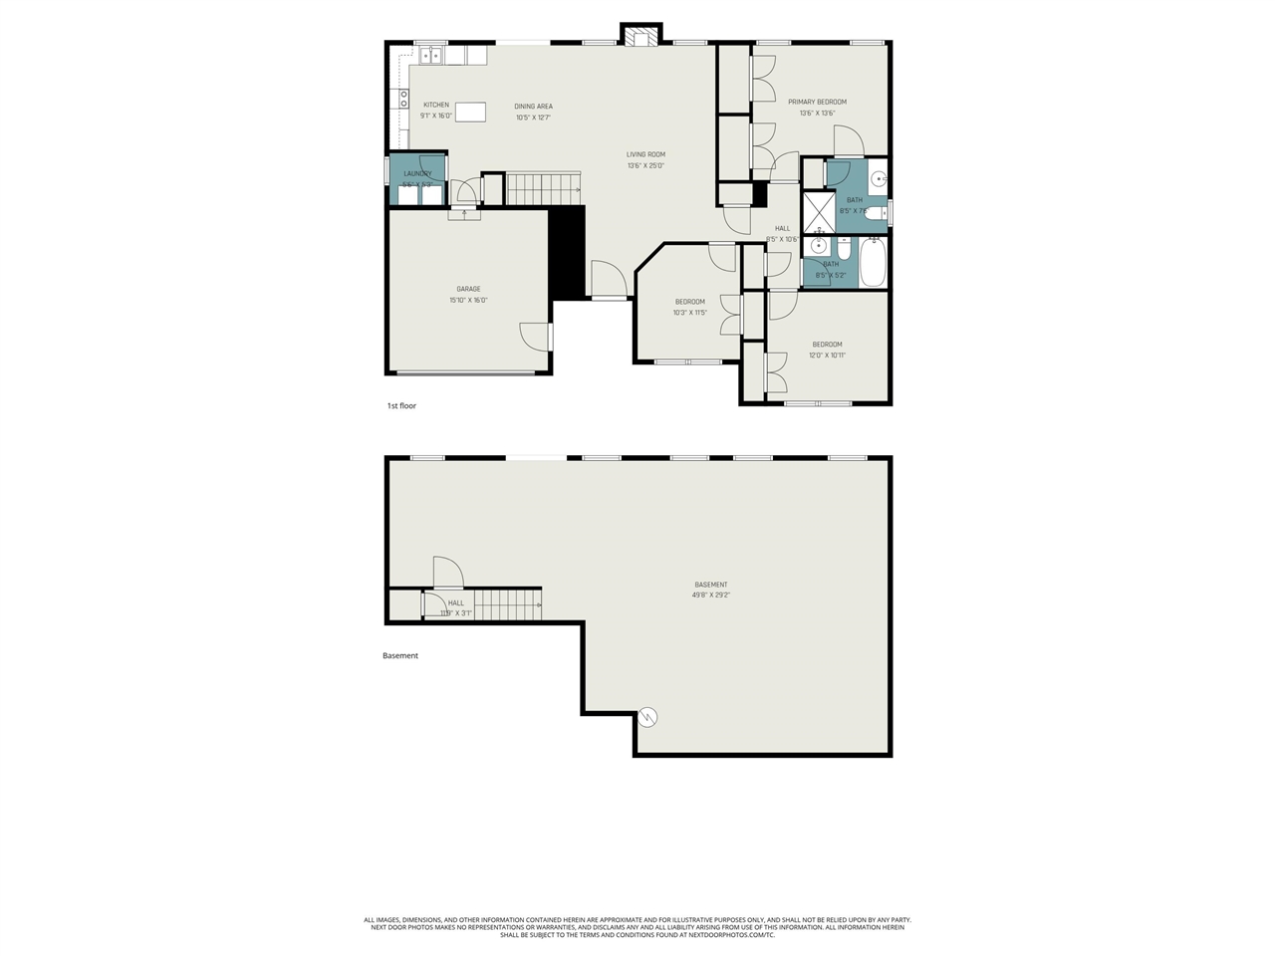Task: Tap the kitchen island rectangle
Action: (x=470, y=112)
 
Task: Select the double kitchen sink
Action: (x=430, y=56)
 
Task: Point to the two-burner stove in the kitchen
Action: (x=404, y=98)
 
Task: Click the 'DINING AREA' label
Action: (x=533, y=107)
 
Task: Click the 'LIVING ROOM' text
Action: (x=645, y=154)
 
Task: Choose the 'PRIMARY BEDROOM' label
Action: (x=817, y=102)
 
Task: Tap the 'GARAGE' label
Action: (x=468, y=289)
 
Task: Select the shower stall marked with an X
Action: (x=818, y=211)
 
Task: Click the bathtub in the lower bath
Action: (x=874, y=261)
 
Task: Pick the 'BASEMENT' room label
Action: (x=710, y=585)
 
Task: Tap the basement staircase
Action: (x=507, y=603)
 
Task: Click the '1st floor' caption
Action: (x=401, y=406)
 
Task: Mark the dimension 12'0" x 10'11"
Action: (x=827, y=356)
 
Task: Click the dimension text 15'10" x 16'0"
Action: (x=468, y=300)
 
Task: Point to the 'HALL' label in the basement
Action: (x=455, y=602)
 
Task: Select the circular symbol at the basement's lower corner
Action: (x=648, y=715)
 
